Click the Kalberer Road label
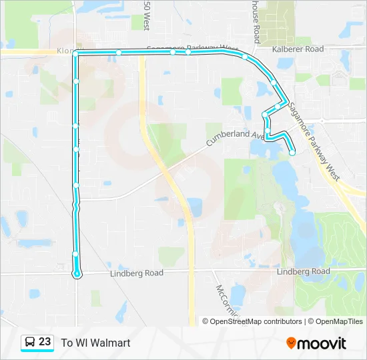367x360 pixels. tap(297, 49)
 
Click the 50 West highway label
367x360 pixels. tap(145, 15)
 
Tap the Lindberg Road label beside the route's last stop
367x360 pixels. tap(136, 273)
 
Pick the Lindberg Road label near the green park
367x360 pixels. tap(303, 271)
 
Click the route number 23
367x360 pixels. tap(45, 342)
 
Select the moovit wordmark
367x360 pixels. tap(322, 343)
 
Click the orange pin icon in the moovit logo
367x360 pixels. tap(291, 343)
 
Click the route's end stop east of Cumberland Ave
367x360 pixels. tap(292, 153)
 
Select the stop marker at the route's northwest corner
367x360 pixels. tap(76, 53)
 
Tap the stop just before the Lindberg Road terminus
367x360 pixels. tap(75, 254)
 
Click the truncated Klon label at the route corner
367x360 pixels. tap(65, 50)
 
